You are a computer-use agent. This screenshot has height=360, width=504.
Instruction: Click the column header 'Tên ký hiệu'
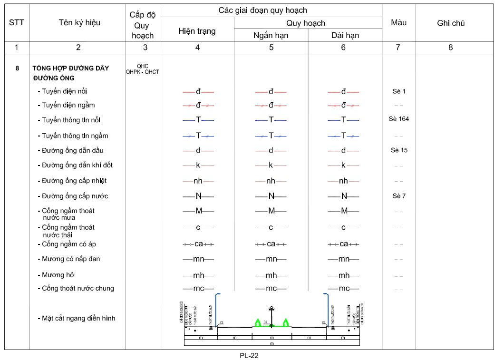pyautogui.click(x=79, y=22)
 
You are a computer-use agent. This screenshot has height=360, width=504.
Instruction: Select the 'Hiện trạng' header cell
pyautogui.click(x=197, y=31)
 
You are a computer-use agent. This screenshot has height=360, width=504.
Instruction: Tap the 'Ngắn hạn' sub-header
pyautogui.click(x=271, y=35)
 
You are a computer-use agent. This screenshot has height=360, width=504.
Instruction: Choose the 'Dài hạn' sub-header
pyautogui.click(x=345, y=35)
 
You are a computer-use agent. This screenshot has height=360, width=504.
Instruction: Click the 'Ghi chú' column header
pyautogui.click(x=450, y=23)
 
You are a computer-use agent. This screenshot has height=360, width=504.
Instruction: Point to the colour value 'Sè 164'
pyautogui.click(x=398, y=119)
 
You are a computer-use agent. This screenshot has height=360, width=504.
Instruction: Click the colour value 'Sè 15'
pyautogui.click(x=398, y=150)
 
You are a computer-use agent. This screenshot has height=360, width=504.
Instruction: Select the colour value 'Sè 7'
pyautogui.click(x=398, y=195)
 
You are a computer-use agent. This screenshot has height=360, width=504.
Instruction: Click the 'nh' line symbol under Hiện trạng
pyautogui.click(x=198, y=181)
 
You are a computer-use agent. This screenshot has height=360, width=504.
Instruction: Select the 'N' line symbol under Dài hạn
pyautogui.click(x=344, y=196)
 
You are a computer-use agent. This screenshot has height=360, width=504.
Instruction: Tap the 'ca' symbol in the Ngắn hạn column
pyautogui.click(x=271, y=244)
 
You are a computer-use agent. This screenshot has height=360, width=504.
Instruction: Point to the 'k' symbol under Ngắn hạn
pyautogui.click(x=271, y=165)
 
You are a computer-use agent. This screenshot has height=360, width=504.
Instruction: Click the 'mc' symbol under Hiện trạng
pyautogui.click(x=198, y=288)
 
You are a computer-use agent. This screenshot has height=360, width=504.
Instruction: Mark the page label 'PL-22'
pyautogui.click(x=249, y=355)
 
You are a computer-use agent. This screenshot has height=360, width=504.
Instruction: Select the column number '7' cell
pyautogui.click(x=398, y=47)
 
